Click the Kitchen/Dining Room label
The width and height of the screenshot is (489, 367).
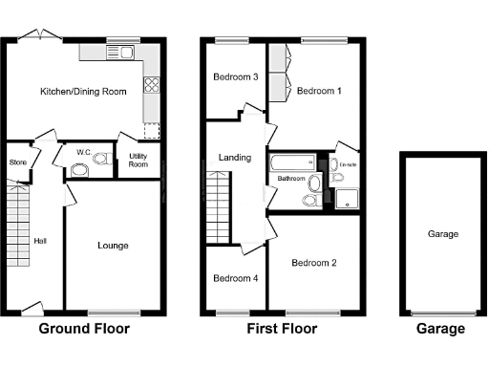click(83, 92)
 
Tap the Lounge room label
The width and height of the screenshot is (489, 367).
click(113, 246)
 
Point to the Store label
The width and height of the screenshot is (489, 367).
click(18, 161)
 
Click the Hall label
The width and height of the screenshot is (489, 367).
click(40, 241)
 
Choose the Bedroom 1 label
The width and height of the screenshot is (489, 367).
click(314, 91)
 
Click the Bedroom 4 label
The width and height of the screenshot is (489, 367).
click(234, 279)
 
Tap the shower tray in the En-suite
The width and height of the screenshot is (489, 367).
click(345, 196)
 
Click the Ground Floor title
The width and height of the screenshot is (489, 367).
click(83, 329)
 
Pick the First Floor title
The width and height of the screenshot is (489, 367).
click(281, 329)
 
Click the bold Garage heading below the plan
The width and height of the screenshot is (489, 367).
click(441, 329)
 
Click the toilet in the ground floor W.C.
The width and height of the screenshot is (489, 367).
click(80, 170)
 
